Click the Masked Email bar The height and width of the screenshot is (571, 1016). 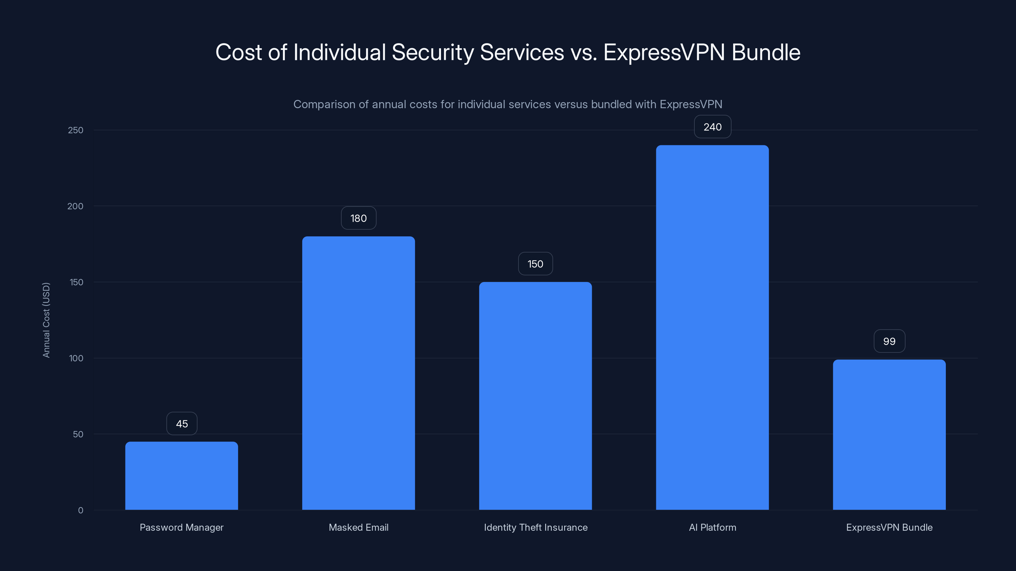click(358, 373)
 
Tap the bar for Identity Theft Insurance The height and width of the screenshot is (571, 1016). click(535, 396)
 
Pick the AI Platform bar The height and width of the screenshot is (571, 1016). click(712, 327)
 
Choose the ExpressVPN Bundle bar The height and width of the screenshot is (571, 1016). click(889, 434)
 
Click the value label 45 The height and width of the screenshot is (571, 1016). click(182, 423)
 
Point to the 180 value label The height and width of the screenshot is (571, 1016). click(358, 218)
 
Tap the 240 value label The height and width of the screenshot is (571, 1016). click(712, 127)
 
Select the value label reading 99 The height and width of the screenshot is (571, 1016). click(889, 341)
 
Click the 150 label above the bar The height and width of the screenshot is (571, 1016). click(535, 264)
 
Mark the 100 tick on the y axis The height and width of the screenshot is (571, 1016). click(76, 358)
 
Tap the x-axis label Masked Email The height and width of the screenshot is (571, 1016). click(358, 527)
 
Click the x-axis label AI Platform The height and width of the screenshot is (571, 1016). click(712, 527)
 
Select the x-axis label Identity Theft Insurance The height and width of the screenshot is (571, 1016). click(536, 527)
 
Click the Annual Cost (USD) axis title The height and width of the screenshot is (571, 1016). click(46, 320)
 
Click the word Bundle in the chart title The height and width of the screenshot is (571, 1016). click(766, 52)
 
